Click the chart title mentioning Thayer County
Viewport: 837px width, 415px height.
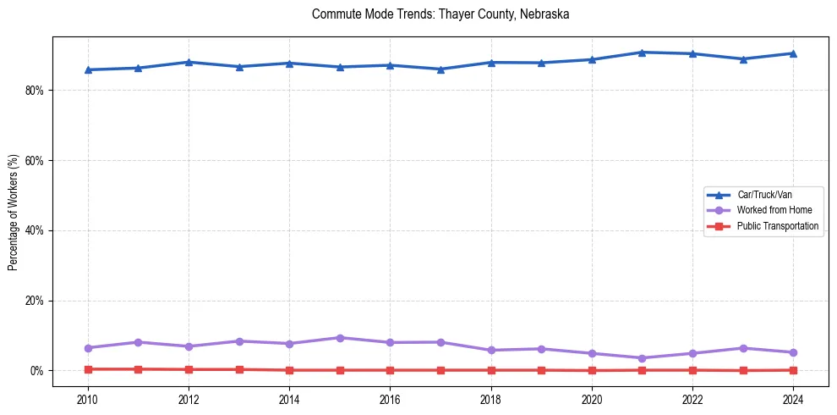point(440,14)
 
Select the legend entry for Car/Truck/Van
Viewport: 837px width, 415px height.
point(764,195)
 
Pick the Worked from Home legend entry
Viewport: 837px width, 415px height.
point(774,210)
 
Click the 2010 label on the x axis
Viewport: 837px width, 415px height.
point(87,398)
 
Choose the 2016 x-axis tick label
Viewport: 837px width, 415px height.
point(390,398)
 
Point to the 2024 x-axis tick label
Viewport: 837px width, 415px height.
point(793,398)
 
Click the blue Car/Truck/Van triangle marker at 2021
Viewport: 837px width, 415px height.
point(642,53)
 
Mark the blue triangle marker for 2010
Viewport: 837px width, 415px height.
point(87,69)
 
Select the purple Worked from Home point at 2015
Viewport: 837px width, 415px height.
point(340,338)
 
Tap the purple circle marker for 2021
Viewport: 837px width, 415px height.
point(642,358)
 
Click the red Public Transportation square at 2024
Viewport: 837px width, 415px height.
point(793,370)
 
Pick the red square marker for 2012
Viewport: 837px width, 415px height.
point(189,369)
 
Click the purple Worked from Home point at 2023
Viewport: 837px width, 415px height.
point(743,348)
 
